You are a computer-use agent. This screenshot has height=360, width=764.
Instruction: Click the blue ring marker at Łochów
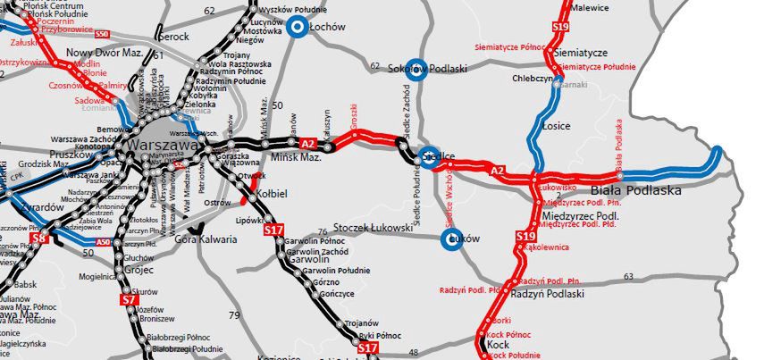tap(297, 28)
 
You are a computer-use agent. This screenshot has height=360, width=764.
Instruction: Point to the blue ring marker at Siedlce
tap(430, 155)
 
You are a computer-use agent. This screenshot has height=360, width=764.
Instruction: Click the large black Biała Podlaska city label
tap(637, 190)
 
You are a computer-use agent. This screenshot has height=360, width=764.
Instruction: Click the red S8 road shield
tap(38, 239)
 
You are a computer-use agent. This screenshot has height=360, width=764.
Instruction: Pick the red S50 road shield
tap(102, 34)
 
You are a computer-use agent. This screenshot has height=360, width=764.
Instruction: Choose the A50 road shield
tap(103, 241)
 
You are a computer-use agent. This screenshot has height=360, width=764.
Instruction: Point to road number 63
tap(629, 276)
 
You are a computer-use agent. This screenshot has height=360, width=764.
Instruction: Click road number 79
tap(235, 315)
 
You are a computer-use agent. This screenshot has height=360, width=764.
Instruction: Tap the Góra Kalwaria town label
tap(206, 239)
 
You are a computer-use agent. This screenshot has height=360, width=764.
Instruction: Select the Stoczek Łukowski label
tap(372, 228)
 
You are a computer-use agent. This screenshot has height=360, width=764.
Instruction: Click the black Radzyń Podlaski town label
tap(548, 294)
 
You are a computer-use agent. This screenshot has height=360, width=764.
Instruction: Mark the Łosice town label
tap(556, 126)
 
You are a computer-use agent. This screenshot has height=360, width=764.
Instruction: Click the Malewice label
tap(591, 8)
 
